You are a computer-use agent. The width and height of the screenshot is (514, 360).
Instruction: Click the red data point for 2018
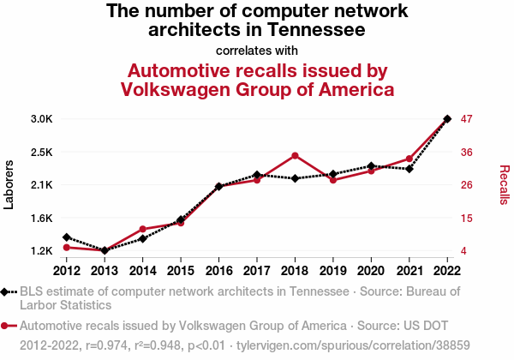click(x=295, y=155)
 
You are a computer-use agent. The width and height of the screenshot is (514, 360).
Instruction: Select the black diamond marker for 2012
click(x=66, y=237)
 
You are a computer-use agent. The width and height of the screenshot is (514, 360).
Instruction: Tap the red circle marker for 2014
click(x=142, y=230)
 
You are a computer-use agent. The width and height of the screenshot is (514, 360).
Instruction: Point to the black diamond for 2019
click(x=332, y=174)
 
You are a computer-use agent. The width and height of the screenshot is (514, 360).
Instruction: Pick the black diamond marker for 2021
click(x=409, y=169)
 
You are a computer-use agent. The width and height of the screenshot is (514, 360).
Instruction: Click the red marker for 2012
click(x=66, y=248)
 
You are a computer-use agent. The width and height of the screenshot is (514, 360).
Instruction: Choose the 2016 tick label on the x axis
click(x=218, y=272)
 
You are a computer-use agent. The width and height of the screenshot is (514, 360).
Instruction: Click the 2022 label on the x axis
click(x=447, y=272)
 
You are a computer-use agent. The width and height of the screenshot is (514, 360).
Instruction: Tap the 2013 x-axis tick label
click(x=105, y=272)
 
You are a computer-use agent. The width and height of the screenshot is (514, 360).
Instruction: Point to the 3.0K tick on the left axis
click(x=41, y=119)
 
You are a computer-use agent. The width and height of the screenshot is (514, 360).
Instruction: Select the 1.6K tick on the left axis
click(x=41, y=218)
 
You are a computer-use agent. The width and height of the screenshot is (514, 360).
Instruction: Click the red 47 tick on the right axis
click(x=469, y=119)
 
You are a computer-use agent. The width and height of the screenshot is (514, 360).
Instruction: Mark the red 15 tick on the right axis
click(x=469, y=218)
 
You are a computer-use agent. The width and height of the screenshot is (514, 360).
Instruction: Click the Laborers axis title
click(x=9, y=184)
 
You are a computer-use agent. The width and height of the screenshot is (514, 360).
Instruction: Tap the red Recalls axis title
click(x=504, y=185)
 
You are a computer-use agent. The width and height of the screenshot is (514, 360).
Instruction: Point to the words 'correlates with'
click(x=257, y=50)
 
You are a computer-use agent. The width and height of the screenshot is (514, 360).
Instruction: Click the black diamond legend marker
click(x=8, y=291)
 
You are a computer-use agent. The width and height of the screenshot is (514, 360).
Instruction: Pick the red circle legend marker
click(x=8, y=326)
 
